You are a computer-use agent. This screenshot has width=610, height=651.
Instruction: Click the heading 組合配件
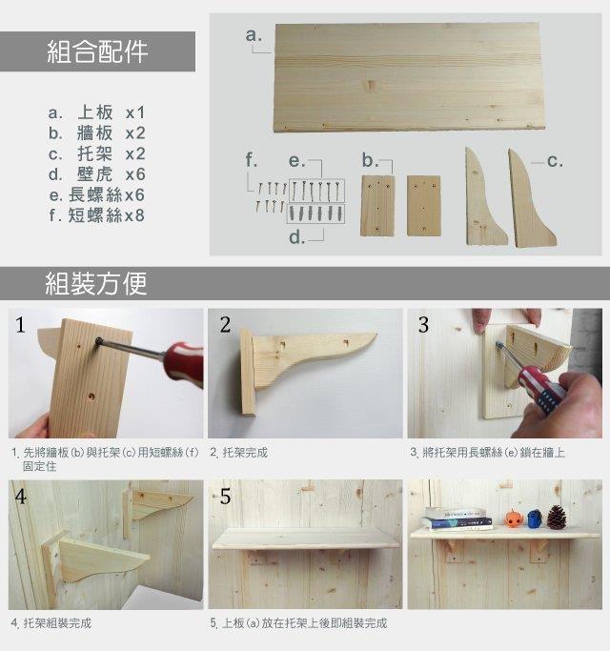(x=97, y=51)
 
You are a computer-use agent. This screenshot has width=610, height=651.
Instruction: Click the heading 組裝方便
(x=96, y=284)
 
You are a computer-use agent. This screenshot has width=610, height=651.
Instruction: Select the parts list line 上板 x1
(x=96, y=112)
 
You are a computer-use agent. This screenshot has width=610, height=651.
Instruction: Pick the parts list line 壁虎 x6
(x=97, y=174)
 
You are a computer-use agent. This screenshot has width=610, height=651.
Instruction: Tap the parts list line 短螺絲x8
(x=96, y=215)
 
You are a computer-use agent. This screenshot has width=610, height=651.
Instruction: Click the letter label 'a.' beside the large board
(x=254, y=35)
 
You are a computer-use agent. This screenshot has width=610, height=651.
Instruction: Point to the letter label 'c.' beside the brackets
(x=555, y=161)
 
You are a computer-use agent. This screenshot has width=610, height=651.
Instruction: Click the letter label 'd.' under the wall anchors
(x=297, y=237)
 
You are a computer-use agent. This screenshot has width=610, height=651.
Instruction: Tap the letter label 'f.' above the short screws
(x=251, y=160)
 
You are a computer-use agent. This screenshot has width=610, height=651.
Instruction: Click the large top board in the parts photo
(x=409, y=77)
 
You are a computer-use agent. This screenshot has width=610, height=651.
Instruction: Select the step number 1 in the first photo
(x=20, y=325)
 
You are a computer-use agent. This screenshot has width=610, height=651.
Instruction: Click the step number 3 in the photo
(x=423, y=325)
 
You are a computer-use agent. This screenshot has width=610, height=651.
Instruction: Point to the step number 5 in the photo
(x=225, y=497)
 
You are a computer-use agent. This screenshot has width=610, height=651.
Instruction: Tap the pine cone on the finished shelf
(x=556, y=518)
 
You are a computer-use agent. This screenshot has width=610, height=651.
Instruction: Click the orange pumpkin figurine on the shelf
(x=514, y=519)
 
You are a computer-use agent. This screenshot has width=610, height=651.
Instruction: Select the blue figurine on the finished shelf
(x=535, y=519)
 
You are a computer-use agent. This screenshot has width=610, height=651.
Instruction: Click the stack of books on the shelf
(x=457, y=519)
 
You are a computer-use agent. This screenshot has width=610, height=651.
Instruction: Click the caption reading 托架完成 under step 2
(x=245, y=453)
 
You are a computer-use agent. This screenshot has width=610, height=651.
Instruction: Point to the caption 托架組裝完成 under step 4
(x=57, y=623)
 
